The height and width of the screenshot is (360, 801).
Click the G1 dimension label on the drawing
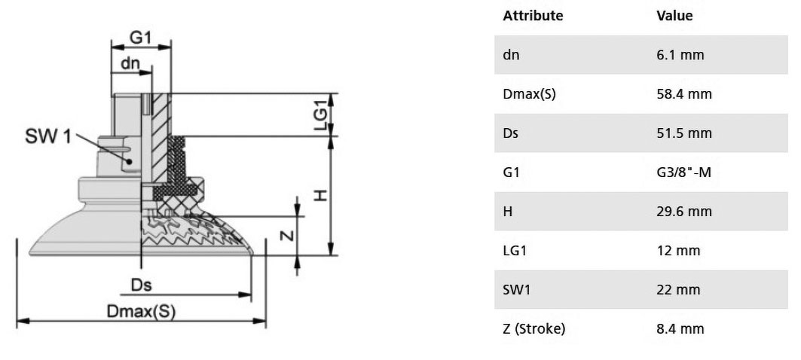[x=141, y=37]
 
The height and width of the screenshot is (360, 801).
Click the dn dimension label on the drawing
[x=130, y=63]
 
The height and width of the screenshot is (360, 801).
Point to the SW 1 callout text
[x=48, y=136]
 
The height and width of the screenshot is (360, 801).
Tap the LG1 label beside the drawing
[x=321, y=115]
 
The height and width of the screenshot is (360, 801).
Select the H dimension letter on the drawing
[x=320, y=195]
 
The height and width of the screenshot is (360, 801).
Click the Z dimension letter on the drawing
[x=288, y=235]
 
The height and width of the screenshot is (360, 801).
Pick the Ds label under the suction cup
[x=142, y=285]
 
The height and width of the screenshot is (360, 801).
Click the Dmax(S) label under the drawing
[x=140, y=311]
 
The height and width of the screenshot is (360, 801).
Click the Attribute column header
[x=533, y=16]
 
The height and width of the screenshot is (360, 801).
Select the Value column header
[x=675, y=16]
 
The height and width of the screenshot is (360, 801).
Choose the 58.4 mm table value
[x=684, y=94]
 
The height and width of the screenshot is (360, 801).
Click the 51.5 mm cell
[x=684, y=133]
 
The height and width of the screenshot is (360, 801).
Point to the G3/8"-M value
[x=684, y=172]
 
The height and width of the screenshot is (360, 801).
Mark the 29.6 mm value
[x=684, y=212]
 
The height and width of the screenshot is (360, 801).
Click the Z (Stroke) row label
[x=534, y=329]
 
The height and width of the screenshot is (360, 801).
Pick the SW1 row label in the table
[x=517, y=290]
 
